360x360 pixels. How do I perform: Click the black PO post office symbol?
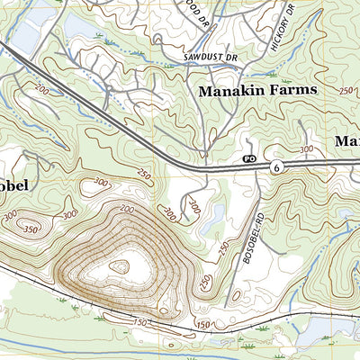click(x=249, y=158)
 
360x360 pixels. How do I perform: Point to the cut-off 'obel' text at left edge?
click(x=14, y=185)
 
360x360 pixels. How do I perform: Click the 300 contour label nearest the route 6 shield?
click(x=306, y=148)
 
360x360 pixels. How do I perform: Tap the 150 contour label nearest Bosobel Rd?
click(x=204, y=323)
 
